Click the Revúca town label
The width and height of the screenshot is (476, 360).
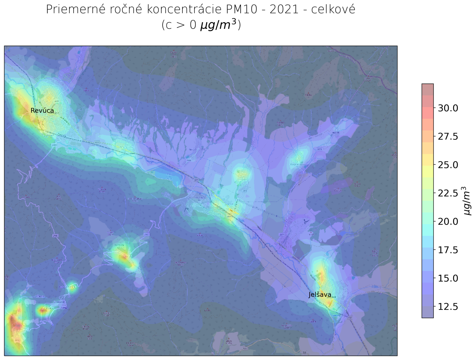click(x=42, y=111)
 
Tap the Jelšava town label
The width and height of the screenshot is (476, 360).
click(x=320, y=295)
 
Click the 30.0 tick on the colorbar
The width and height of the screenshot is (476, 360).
click(x=448, y=108)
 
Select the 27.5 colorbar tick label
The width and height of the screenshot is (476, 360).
click(x=448, y=136)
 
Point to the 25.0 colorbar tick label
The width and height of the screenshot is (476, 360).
click(x=448, y=165)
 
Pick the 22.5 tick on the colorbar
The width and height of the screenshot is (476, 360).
click(x=448, y=193)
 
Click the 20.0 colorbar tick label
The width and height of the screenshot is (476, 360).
click(x=448, y=222)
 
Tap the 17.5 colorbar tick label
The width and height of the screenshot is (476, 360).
click(x=448, y=250)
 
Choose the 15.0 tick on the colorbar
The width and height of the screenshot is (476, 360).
click(x=448, y=278)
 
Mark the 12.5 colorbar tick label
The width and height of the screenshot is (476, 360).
click(x=448, y=307)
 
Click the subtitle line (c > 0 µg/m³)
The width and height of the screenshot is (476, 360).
click(x=201, y=25)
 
